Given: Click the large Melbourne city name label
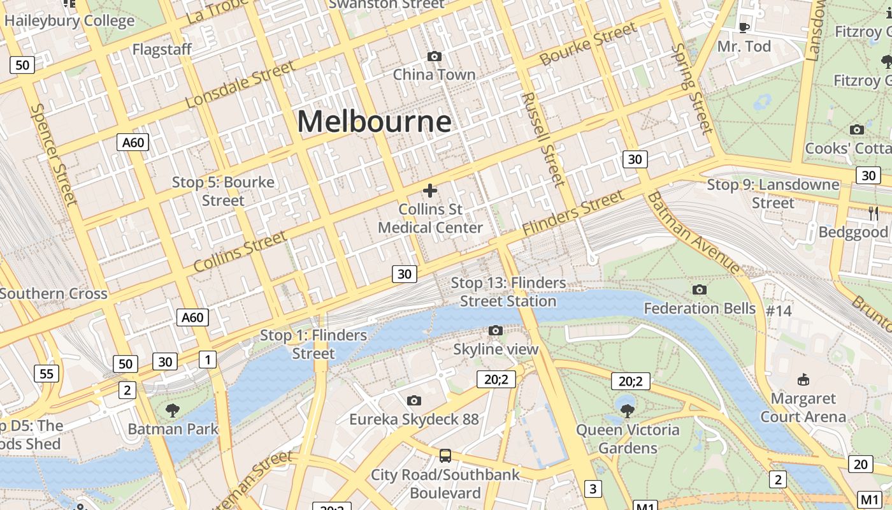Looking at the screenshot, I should pos(374,121).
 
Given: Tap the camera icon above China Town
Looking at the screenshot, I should pos(435,57).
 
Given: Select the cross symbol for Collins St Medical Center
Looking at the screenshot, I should pos(430,190).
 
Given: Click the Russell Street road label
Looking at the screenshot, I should pos(543,140).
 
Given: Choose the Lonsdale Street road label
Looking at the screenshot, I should pos(240,85).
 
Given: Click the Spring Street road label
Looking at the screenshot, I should pos(691,89).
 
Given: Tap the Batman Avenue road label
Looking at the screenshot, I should pos(694,233).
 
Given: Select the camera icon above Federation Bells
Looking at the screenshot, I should pos(700,290).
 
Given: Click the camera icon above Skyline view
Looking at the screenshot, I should pos(496,330).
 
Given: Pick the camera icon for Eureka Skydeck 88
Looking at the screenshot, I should pos(414,400).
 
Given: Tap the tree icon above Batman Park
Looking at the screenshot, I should pos(173,410).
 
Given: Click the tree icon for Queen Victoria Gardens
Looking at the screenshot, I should pos(628,411).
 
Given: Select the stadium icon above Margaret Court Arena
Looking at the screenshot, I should pos(803,380).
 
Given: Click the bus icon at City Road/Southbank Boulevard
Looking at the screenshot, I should pos(445,456).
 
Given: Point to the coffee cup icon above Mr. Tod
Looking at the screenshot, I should pos(744,27).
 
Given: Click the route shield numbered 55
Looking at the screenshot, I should pos(47,373).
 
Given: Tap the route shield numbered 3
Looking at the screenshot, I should pos(593,489).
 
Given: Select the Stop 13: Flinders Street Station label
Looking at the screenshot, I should pos(508,292).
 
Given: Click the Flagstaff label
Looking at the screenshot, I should pos(162,50).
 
